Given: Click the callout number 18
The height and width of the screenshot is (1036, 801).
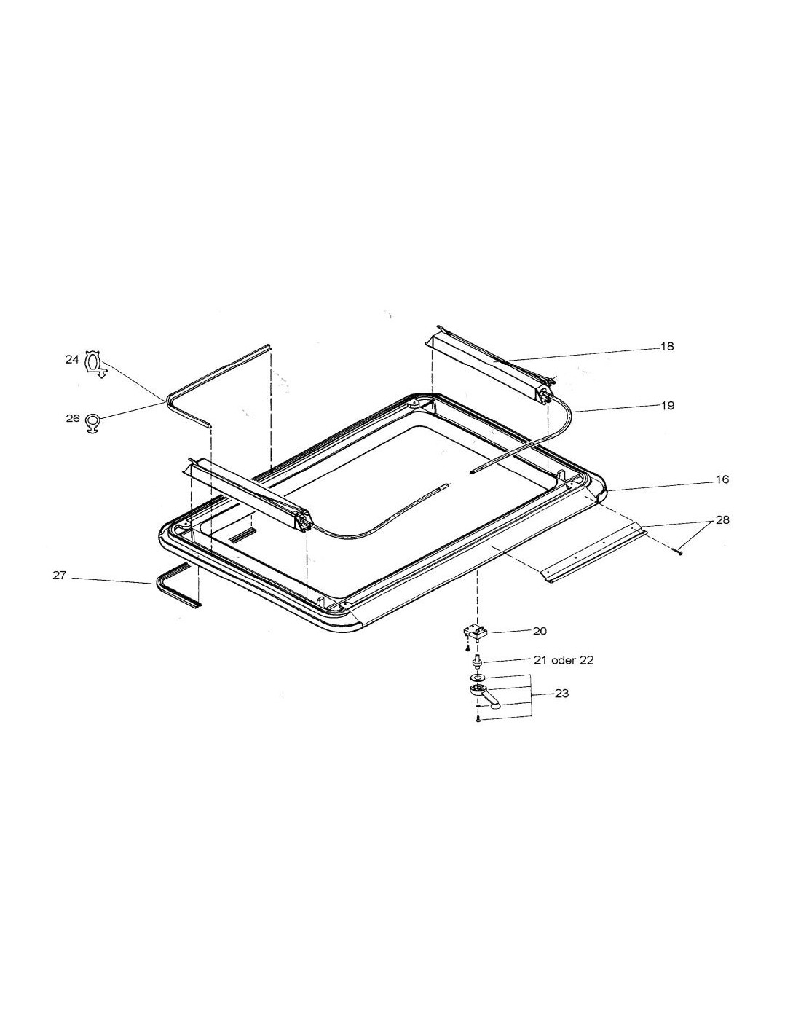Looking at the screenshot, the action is [x=668, y=347].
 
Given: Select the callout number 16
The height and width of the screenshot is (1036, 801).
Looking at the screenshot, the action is [x=722, y=479].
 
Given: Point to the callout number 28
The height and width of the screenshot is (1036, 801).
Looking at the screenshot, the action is [x=722, y=520].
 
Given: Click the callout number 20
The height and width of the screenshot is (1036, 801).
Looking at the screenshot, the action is [x=540, y=631].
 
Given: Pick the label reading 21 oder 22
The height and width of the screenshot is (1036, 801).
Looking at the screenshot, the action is [x=563, y=660].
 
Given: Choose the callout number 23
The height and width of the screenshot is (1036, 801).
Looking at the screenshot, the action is [x=562, y=693].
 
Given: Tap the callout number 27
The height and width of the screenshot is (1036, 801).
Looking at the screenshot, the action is [x=59, y=576].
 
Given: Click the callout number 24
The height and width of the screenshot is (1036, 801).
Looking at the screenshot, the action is [x=72, y=359].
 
